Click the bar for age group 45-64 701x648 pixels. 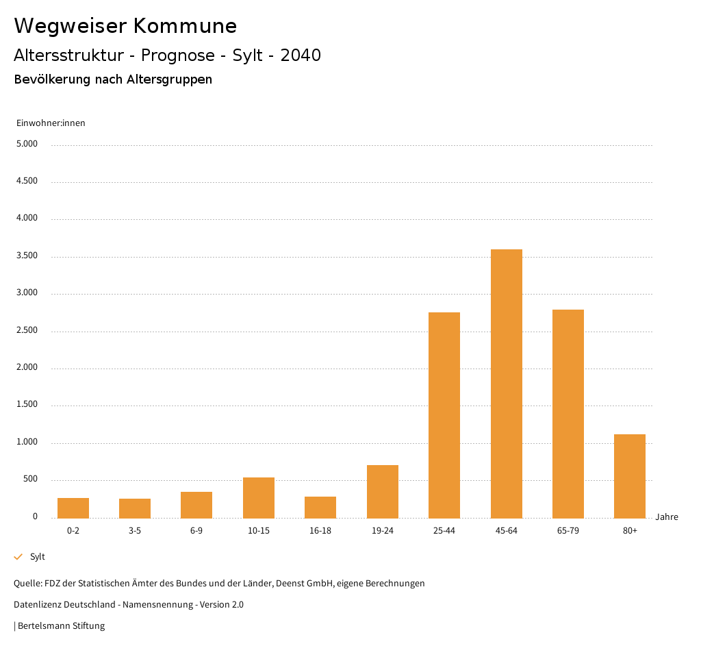[506, 384]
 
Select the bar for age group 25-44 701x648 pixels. [444, 415]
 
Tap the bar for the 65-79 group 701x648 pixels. [568, 414]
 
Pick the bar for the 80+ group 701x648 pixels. [630, 476]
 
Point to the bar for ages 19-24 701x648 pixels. [383, 492]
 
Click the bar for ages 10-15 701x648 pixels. [259, 498]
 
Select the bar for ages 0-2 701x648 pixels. [73, 508]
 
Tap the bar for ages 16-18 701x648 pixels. [320, 508]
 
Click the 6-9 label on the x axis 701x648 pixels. [196, 531]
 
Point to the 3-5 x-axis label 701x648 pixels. [135, 531]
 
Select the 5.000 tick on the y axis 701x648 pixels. [27, 145]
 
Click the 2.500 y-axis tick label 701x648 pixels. [27, 331]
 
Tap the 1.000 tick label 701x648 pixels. [27, 443]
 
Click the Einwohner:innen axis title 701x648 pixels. [51, 123]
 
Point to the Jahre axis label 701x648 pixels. [667, 517]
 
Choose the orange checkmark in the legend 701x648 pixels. [18, 557]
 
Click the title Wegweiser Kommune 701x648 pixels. [125, 26]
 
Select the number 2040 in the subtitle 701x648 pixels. [301, 55]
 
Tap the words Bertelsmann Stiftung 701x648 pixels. [61, 626]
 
